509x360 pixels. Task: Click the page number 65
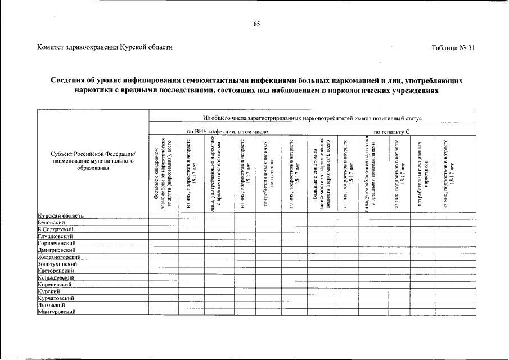click(x=256, y=24)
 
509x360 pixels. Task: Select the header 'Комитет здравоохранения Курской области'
click(x=105, y=48)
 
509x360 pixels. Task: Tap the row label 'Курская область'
click(x=61, y=215)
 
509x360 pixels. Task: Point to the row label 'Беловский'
click(x=50, y=222)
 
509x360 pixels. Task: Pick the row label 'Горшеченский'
click(x=56, y=243)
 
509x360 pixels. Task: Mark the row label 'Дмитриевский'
click(x=56, y=250)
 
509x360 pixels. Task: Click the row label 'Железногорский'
click(x=58, y=256)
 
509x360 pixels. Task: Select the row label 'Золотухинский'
click(x=57, y=263)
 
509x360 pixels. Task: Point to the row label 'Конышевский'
click(x=56, y=277)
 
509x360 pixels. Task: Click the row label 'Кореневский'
click(x=55, y=284)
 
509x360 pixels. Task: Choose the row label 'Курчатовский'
click(x=56, y=298)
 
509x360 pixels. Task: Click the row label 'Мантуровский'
click(x=56, y=312)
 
